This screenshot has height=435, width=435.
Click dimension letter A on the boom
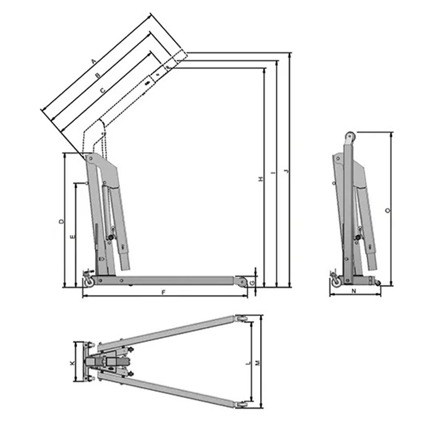[94, 61]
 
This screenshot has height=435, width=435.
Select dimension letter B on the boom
[97, 75]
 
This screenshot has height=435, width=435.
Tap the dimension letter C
[102, 90]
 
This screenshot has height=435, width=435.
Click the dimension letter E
[73, 237]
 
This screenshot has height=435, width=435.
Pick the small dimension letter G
[252, 282]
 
